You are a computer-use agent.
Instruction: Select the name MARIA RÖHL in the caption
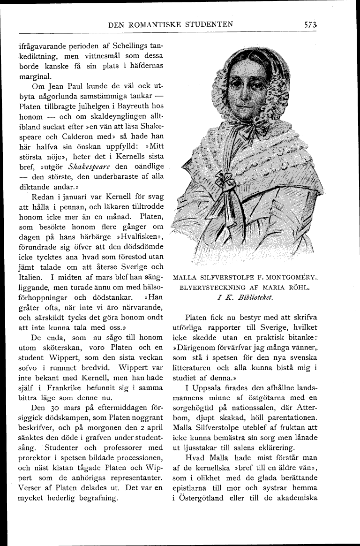288,287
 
